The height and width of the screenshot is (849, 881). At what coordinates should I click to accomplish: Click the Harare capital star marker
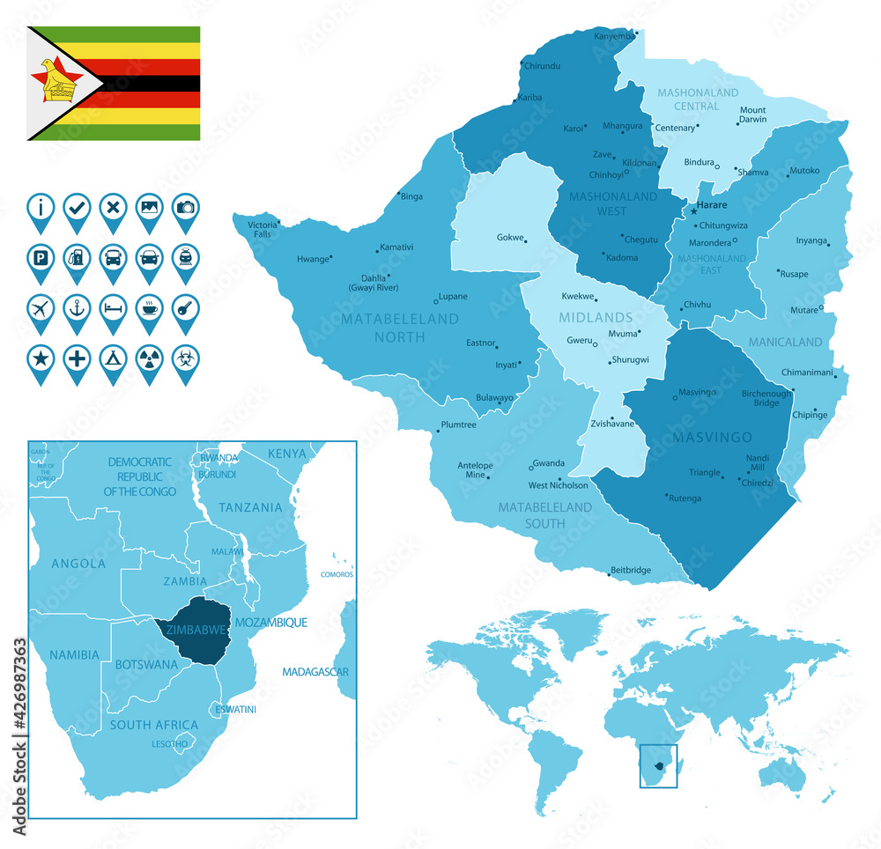click(x=693, y=211)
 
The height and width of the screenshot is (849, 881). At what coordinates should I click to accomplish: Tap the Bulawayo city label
click(x=494, y=398)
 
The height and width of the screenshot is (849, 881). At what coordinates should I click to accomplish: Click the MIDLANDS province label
click(x=596, y=317)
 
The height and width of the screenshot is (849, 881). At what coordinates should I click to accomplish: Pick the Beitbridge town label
click(x=631, y=570)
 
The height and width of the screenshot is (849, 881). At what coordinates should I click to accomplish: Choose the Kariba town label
click(x=529, y=98)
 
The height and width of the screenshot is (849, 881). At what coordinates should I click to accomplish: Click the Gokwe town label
click(x=509, y=238)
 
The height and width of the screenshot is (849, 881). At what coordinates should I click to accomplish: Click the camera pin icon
click(x=185, y=209)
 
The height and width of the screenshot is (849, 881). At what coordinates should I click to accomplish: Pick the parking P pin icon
click(x=41, y=259)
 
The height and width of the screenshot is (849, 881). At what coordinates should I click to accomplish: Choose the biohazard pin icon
click(x=185, y=360)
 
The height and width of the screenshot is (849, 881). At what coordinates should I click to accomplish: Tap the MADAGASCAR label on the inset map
click(x=315, y=672)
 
